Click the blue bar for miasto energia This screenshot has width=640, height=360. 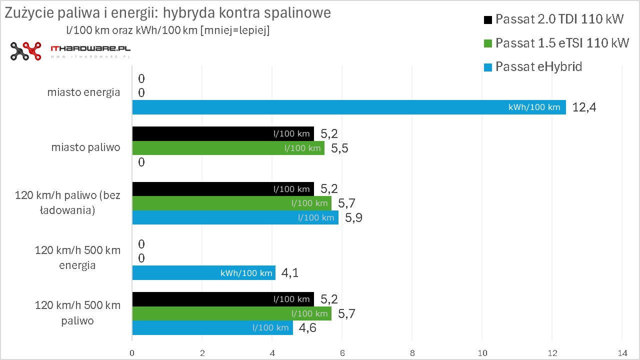point(348,107)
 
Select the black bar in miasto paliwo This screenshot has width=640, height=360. point(223,133)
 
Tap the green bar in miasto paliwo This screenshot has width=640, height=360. point(228,147)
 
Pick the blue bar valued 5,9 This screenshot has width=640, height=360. point(235,217)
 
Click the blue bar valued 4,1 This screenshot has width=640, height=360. point(203,273)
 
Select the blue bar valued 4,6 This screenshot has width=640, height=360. point(212,328)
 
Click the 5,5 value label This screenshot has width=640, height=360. point(339,148)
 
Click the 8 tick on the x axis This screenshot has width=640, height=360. point(411,351)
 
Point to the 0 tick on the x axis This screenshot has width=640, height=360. point(132,351)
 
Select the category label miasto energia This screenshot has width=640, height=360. point(83,92)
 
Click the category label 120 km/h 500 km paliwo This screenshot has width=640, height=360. point(77,313)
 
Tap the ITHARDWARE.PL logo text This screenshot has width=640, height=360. point(90,49)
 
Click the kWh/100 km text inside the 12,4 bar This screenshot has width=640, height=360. point(534,107)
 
